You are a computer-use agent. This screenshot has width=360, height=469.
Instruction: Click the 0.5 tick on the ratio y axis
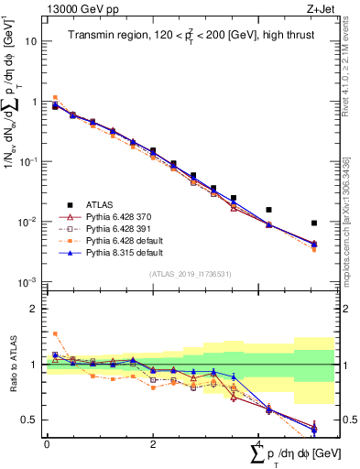[x=30, y=420]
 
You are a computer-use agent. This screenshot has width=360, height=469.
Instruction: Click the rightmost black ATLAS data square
[x=313, y=223]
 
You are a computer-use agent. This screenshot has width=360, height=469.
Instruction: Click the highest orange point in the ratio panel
[x=54, y=333]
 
